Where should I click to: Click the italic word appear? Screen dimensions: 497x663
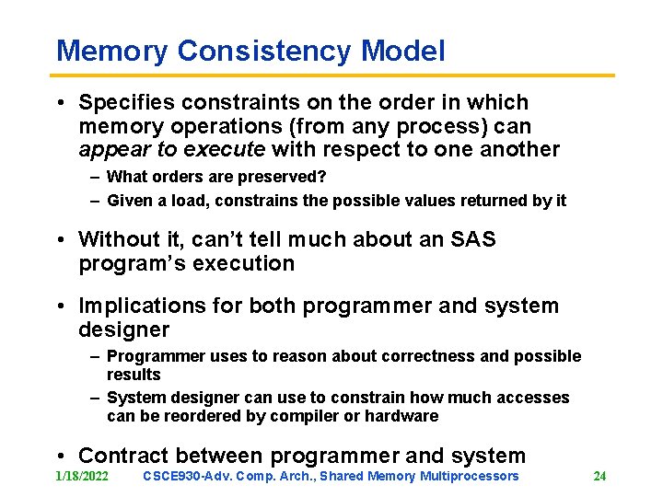click(x=112, y=150)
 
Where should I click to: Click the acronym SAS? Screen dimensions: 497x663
click(x=472, y=240)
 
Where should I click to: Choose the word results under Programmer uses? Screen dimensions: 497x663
click(x=134, y=375)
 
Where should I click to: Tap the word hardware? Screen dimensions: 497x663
click(x=402, y=416)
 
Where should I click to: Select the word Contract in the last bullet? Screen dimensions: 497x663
click(x=123, y=456)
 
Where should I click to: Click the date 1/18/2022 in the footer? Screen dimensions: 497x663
click(x=81, y=476)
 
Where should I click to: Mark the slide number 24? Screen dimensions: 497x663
click(x=599, y=476)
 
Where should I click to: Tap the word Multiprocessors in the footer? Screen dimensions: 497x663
click(x=470, y=476)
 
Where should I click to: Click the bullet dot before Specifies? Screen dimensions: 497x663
click(x=60, y=103)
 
